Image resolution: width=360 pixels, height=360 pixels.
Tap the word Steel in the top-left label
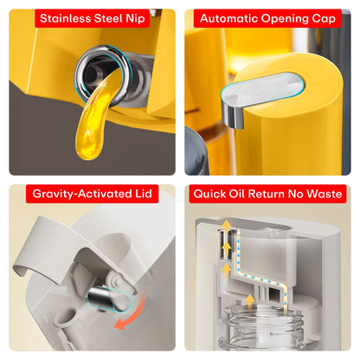coord(119,18)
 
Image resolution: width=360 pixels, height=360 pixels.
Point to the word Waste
coord(325,195)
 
